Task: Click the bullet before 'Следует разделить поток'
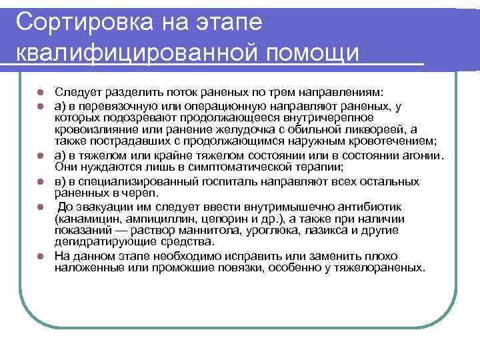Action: coord(40,93)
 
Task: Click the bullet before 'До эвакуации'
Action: coord(40,207)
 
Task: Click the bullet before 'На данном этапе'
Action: coord(40,256)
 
